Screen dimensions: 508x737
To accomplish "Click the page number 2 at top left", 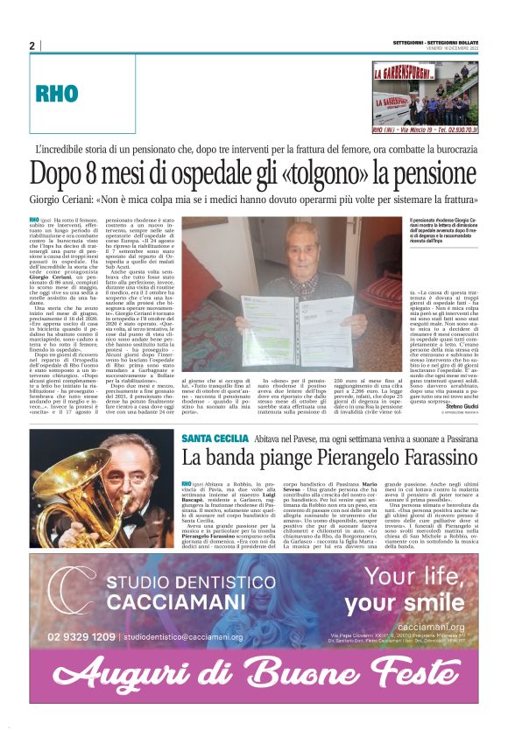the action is (x=32, y=46).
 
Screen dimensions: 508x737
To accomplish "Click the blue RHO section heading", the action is (x=56, y=94).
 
